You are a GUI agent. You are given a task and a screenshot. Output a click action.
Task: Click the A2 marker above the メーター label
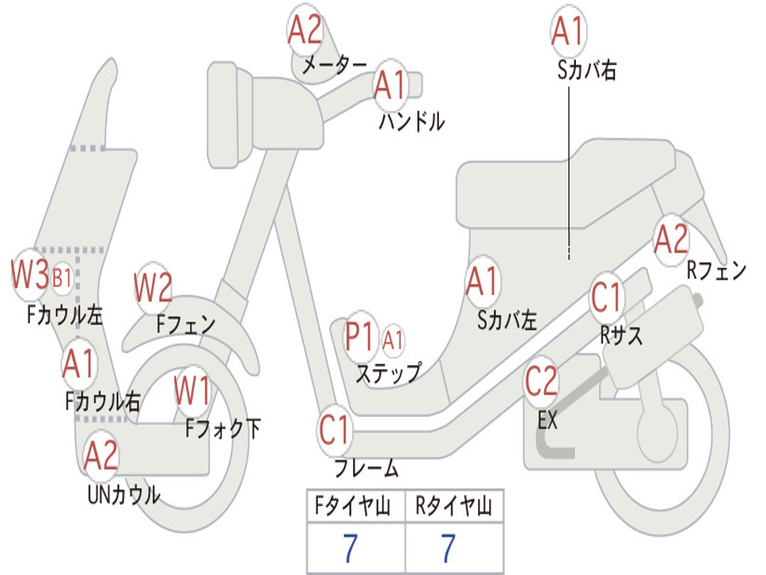pos(305,30)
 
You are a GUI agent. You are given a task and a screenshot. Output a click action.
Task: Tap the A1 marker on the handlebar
pos(390,85)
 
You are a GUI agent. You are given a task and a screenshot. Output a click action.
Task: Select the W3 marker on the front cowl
pos(30,275)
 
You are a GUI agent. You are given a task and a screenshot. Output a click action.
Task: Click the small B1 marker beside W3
pos(62,279)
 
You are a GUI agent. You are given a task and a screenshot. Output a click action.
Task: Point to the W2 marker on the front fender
pos(153,287)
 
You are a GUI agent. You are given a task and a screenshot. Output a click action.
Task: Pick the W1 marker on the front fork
pos(192,391)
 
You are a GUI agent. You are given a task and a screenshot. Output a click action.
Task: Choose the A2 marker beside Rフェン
pos(671,240)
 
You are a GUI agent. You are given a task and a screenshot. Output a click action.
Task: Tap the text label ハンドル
pos(412,121)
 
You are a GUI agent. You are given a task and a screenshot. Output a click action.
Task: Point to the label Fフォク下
pos(223,429)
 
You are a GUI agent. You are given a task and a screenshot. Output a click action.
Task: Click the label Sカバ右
pos(586,70)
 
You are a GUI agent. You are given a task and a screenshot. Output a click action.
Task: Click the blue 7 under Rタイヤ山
pos(449,547)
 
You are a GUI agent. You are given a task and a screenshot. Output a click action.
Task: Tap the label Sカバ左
pos(507,320)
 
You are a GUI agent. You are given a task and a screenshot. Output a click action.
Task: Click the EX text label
pos(547,419)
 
